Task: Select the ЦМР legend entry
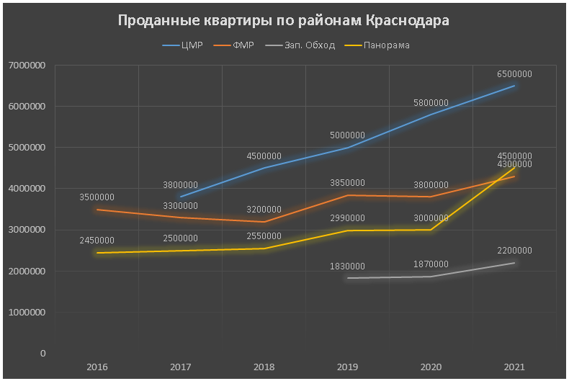pos(192,45)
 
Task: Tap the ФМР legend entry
pos(244,45)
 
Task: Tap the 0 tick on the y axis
pos(42,354)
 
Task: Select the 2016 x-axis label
pos(97,367)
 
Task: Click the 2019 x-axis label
pos(347,367)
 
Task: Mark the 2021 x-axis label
pos(514,367)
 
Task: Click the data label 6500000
pos(514,73)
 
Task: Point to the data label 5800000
pos(431,102)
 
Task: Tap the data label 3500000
pos(97,197)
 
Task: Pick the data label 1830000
pos(347,266)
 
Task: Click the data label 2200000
pos(514,251)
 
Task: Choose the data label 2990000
pos(347,218)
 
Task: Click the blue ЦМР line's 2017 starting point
pos(181,197)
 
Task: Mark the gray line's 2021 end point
pos(514,263)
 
